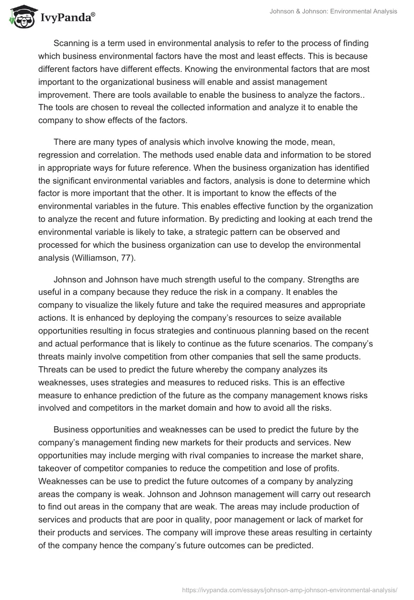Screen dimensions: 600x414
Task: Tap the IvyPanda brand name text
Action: pos(67,18)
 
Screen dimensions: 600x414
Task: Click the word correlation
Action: pos(116,155)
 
